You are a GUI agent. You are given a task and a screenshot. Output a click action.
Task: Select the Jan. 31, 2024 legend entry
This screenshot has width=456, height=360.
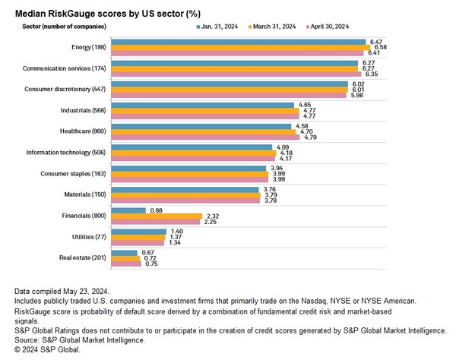click(221, 26)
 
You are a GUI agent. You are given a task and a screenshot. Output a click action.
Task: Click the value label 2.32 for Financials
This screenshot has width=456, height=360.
click(213, 216)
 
